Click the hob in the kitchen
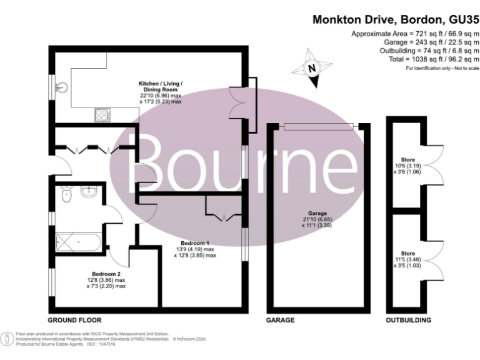102,114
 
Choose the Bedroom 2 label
109,280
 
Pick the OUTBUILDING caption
408,319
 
